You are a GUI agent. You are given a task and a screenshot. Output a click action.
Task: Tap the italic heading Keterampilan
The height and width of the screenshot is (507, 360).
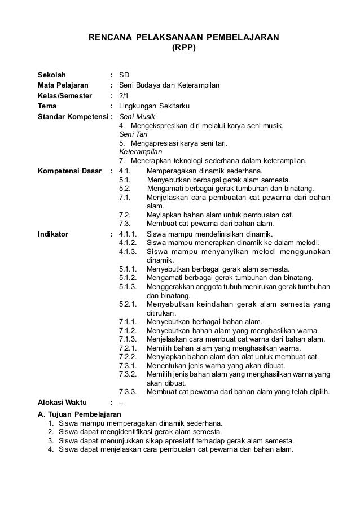tap(141, 152)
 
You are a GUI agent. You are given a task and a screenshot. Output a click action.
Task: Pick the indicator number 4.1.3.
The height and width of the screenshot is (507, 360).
tap(129, 252)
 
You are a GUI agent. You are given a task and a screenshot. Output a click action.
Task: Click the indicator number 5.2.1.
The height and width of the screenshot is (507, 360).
tap(129, 304)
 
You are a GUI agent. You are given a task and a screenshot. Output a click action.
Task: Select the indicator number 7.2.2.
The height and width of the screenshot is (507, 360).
tap(129, 357)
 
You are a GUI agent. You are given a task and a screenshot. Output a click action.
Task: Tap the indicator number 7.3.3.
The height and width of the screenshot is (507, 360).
tap(129, 392)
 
